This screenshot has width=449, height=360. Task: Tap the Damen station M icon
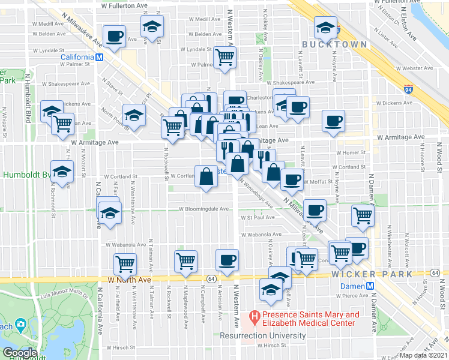pos(370,286)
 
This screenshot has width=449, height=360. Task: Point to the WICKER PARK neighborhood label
pos(372,274)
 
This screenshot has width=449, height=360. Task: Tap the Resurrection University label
pos(263,335)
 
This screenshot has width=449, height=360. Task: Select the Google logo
pos(20,353)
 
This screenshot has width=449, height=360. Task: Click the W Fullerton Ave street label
pos(124,5)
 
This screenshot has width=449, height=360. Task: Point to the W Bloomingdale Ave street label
pos(203,209)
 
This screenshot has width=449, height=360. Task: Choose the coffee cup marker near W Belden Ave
pos(115,37)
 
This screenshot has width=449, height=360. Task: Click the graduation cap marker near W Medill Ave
pos(152,26)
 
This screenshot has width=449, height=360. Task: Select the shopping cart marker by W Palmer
pos(225,58)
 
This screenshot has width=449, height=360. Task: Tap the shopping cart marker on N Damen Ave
pos(363,215)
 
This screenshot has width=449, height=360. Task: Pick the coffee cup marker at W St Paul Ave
pos(315,210)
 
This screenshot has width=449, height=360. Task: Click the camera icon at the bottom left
pos(22,326)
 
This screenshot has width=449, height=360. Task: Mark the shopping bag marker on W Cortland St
pos(206,176)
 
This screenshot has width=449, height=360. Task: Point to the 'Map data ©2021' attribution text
pos(424,355)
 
